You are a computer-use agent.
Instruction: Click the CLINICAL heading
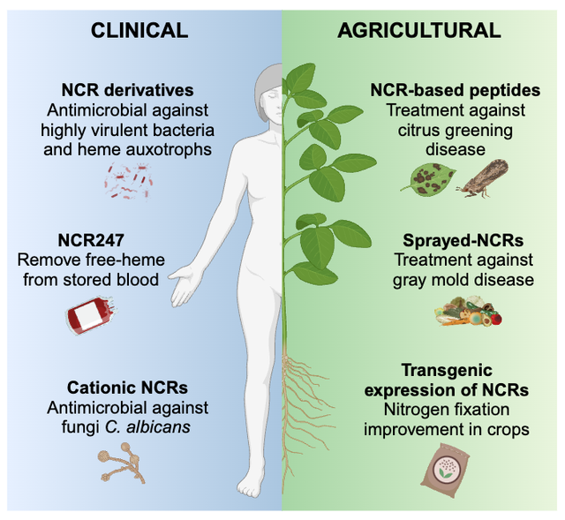point(139,30)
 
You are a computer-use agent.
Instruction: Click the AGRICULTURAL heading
point(418,30)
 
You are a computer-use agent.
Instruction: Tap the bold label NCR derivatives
point(140,91)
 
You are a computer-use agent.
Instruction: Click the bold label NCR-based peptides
point(454,91)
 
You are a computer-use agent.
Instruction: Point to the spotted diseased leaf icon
point(427,180)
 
